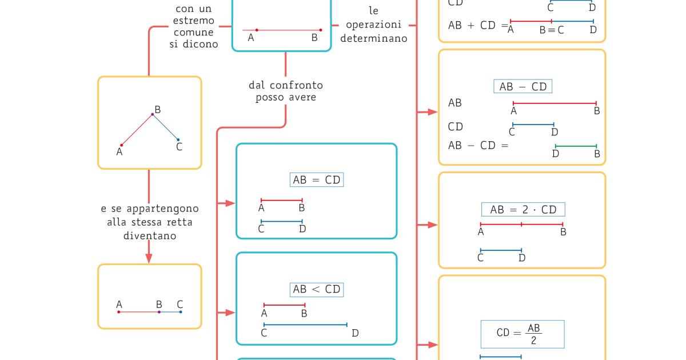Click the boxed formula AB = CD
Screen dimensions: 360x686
point(317,180)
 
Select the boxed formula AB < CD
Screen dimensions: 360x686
point(317,289)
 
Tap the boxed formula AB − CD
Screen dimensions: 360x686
point(523,87)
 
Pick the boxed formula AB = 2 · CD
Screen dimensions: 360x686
point(523,209)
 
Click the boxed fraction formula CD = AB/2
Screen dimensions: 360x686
point(523,334)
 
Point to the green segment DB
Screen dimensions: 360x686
point(576,146)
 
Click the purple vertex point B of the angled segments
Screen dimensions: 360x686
point(152,114)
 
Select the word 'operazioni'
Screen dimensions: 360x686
point(374,25)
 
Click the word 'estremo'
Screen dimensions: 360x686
point(194,21)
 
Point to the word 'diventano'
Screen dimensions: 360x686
point(150,235)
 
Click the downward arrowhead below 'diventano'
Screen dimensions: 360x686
point(149,258)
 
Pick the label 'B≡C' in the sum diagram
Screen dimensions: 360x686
point(551,30)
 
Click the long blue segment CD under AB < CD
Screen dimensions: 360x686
point(305,325)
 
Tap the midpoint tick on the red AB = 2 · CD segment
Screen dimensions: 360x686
point(521,224)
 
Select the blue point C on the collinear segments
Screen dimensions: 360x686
point(180,312)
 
